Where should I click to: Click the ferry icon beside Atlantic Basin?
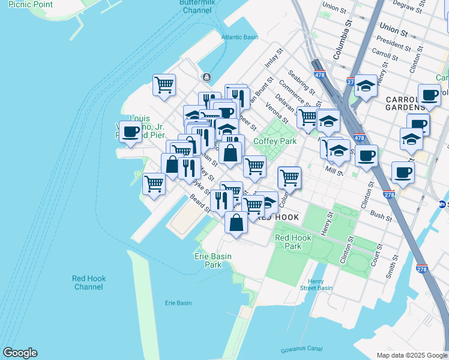click(x=207, y=77)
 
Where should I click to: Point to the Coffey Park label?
click(x=275, y=141)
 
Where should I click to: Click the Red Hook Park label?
click(x=292, y=242)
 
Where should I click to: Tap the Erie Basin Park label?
click(x=212, y=260)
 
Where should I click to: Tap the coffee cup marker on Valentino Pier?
click(x=130, y=133)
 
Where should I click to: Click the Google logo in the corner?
click(x=20, y=353)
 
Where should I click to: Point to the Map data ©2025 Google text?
click(x=411, y=355)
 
